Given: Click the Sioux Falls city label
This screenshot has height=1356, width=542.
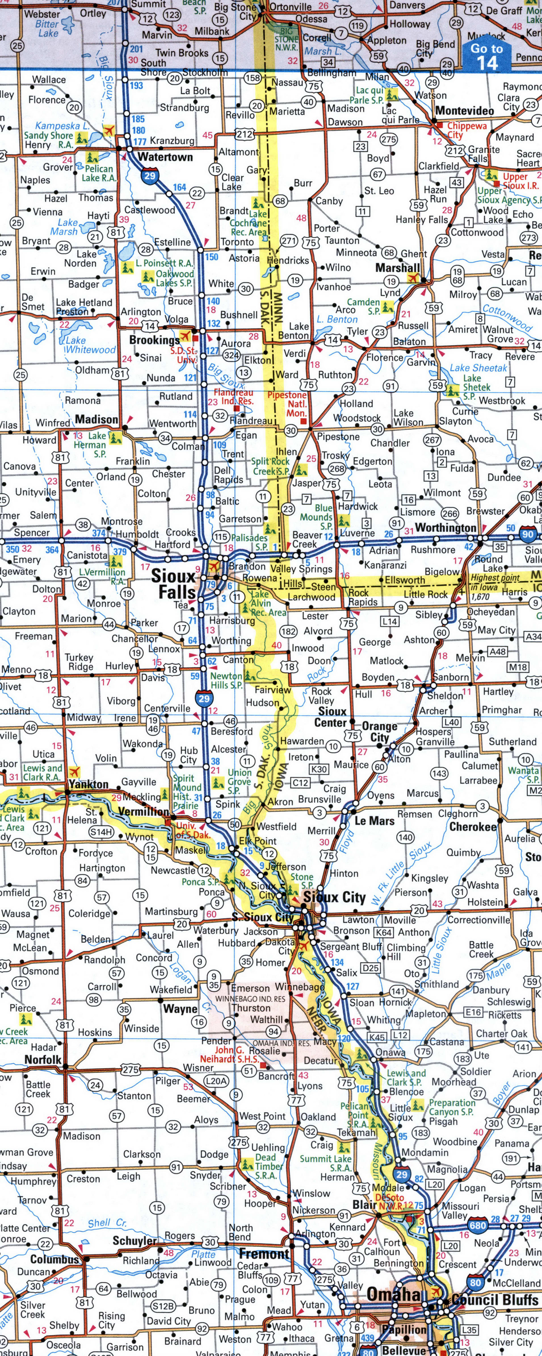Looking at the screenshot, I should click(x=174, y=584).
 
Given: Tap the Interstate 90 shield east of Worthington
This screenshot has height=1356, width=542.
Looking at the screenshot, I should click(x=528, y=534).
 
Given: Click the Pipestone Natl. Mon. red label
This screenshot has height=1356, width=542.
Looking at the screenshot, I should click(x=287, y=404).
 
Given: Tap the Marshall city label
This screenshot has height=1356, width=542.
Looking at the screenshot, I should click(x=398, y=268).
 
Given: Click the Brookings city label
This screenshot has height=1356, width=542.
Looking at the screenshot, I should click(x=154, y=340).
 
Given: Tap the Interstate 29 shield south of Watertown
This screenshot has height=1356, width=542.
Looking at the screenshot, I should click(x=150, y=175).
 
